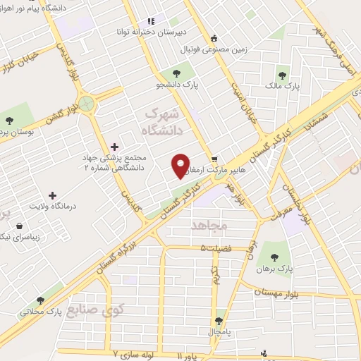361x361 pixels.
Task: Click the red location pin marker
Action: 181,166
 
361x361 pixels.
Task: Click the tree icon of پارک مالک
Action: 283,75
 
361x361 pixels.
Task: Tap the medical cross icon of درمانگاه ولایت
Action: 53,195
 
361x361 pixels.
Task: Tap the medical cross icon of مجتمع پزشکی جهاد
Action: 115,147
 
